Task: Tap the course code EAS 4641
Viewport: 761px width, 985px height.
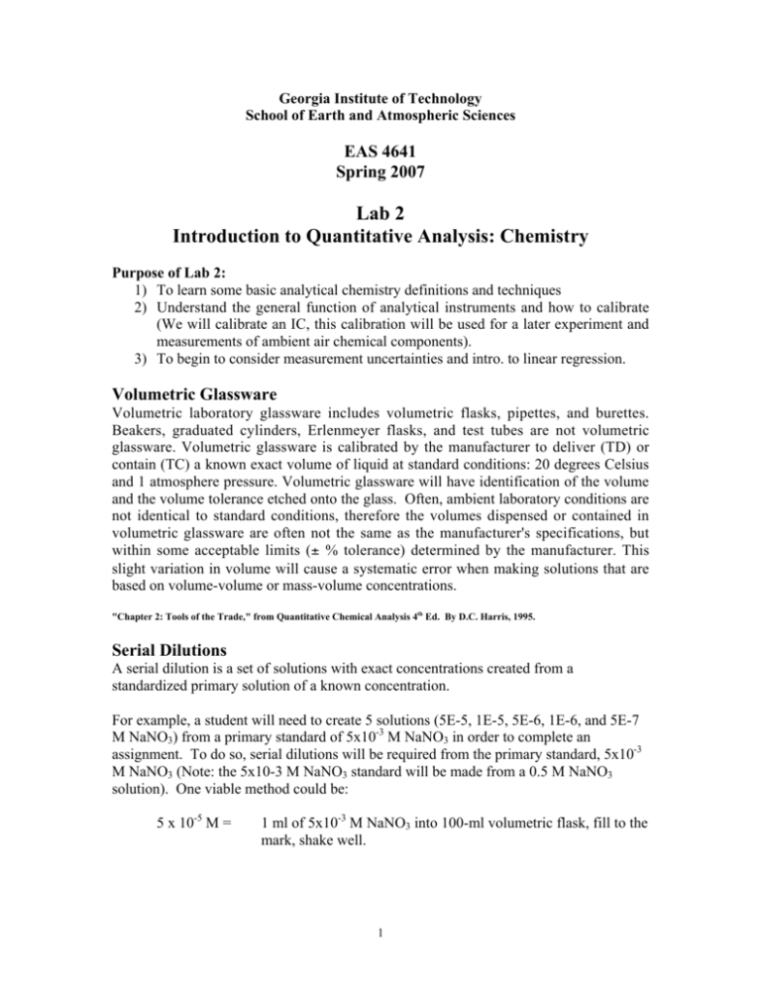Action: pyautogui.click(x=380, y=158)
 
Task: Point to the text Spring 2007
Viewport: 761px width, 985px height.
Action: pyautogui.click(x=380, y=178)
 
